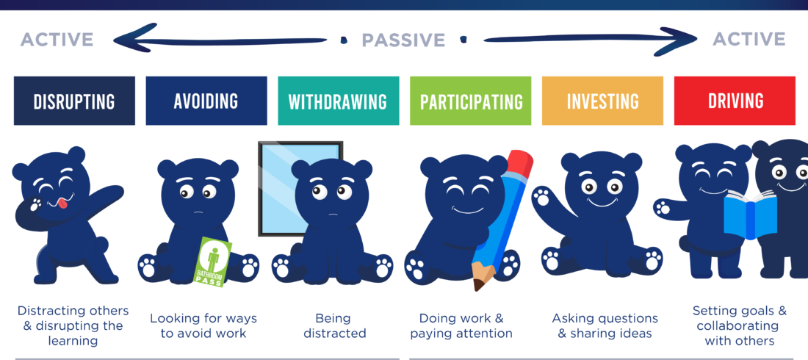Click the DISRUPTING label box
pos(74,101)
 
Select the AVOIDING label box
pos(206,101)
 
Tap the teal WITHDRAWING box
pos(338,101)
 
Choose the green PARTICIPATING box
pos(470,101)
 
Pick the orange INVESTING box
pos(602,101)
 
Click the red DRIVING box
pos(735,101)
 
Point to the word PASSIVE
pos(403,40)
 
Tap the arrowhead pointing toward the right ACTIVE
pos(680,40)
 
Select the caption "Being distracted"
pos(335,325)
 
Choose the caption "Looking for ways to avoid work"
pos(203,325)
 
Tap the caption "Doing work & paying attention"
pos(461,325)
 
